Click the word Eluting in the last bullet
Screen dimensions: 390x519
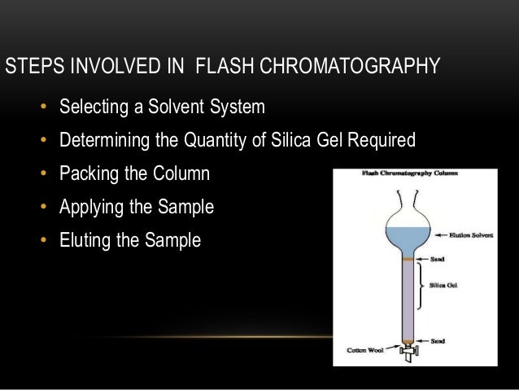pyautogui.click(x=84, y=241)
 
